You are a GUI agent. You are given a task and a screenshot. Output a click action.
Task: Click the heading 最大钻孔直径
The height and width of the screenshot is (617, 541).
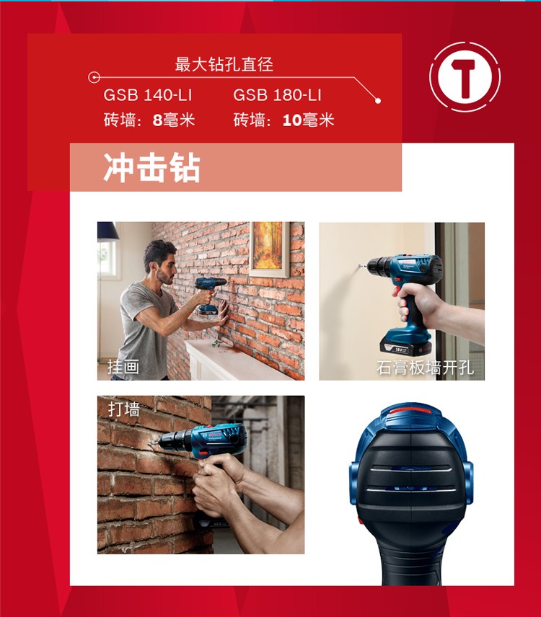point(224,64)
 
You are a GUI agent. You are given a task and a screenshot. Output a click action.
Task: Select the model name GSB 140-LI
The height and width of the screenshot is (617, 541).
point(148,95)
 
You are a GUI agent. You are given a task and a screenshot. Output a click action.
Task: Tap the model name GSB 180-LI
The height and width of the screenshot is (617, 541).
point(277,95)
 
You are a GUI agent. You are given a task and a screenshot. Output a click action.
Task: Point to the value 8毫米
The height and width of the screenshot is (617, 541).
point(174,120)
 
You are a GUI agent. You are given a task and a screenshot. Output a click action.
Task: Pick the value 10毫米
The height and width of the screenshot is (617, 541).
point(308,120)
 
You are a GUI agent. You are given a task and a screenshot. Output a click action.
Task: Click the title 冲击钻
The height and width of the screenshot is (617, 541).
point(152,168)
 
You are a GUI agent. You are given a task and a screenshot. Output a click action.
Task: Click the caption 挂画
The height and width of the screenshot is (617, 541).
point(123,367)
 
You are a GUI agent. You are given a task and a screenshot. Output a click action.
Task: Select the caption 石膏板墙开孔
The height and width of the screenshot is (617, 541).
point(426,368)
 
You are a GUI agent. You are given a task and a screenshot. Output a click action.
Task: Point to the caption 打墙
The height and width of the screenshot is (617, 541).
point(124,409)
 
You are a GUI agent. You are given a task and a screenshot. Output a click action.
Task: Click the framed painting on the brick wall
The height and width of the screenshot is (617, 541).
point(269,249)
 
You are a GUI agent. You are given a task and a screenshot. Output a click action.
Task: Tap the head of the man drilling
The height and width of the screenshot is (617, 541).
point(160,261)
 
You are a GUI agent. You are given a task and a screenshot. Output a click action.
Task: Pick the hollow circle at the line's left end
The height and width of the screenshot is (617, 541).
point(94,77)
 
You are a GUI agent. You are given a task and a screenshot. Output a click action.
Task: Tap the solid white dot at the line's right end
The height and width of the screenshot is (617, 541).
point(378,101)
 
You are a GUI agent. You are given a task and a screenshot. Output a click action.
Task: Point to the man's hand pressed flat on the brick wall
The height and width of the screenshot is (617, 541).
point(221,313)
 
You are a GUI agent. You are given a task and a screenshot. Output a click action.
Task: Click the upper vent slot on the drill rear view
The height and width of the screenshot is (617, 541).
point(411,469)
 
